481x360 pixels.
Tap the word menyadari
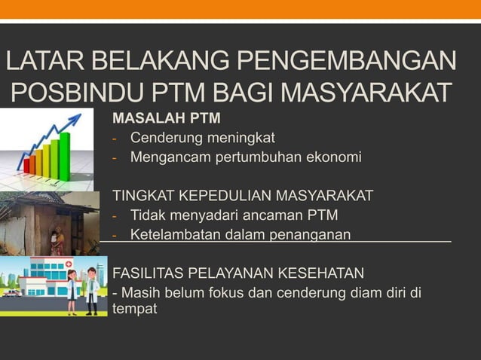click(x=201, y=215)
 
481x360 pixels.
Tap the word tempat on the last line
click(x=135, y=310)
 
